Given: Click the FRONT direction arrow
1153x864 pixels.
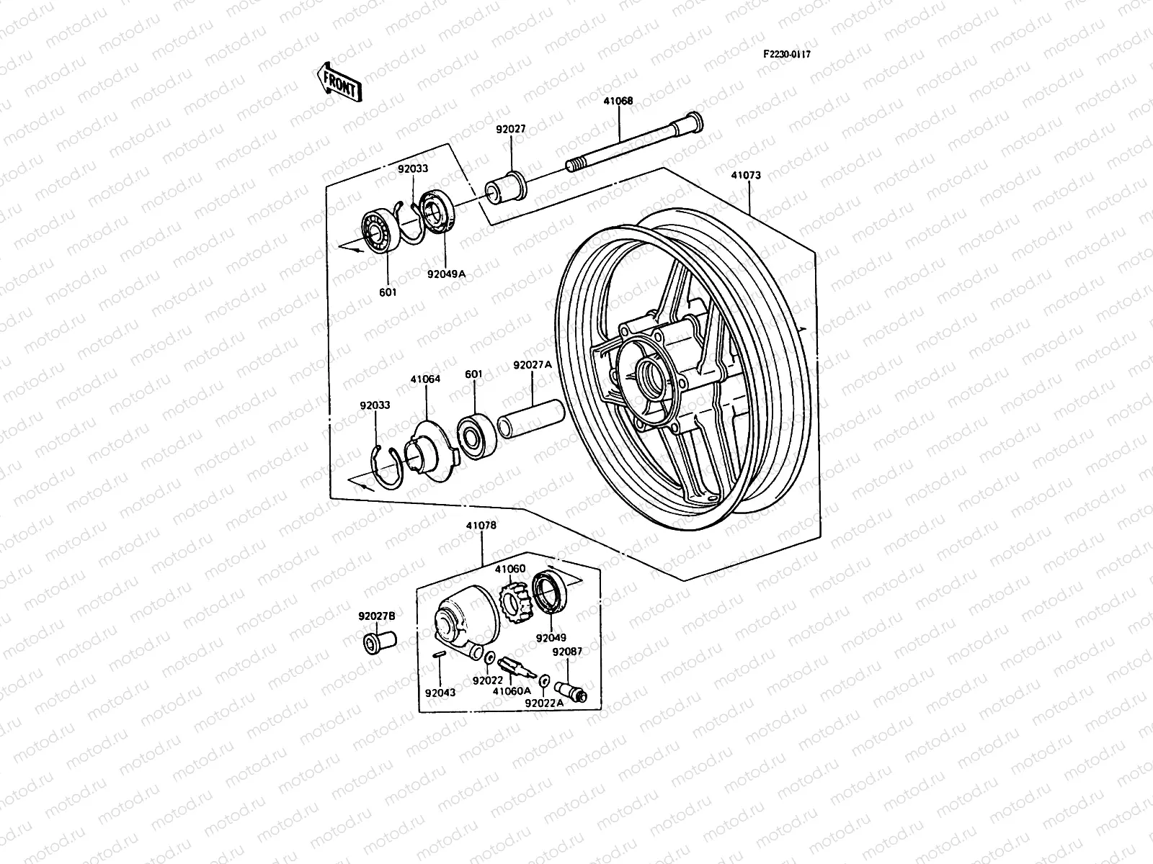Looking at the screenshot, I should coord(338,81).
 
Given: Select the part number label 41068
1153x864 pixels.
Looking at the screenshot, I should coord(618,102).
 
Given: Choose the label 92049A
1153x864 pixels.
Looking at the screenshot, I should coord(447,274).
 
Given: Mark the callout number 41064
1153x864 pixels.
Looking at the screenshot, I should coord(425,379).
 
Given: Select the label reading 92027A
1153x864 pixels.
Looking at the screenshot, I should coord(533,365).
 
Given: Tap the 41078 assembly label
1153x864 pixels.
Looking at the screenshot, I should coord(482,526).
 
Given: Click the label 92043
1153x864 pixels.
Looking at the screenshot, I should coord(440,693).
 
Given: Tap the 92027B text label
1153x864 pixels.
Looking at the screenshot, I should coord(377,616).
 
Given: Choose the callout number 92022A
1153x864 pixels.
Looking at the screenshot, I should coord(544,703).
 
